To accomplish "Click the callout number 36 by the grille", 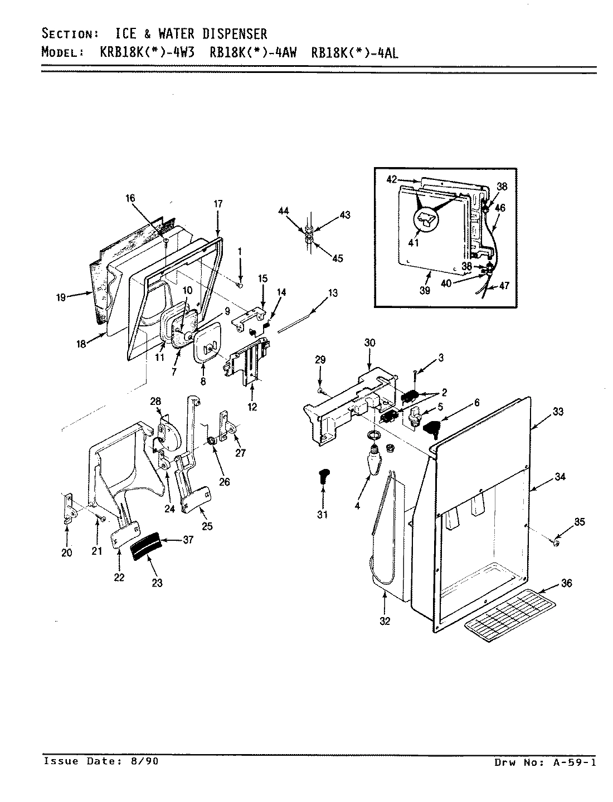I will (566, 583).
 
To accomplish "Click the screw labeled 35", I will (556, 542).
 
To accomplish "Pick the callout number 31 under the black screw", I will (323, 515).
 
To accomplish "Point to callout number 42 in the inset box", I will (391, 179).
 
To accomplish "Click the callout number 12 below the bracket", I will (252, 407).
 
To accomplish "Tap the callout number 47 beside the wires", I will (504, 285).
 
